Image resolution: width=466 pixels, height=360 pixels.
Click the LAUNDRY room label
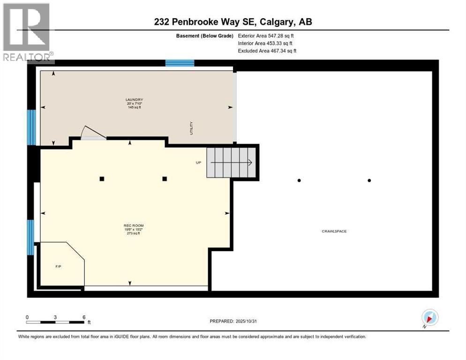134,99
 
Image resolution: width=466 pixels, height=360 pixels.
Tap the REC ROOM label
134,225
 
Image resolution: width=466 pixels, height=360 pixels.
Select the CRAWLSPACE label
334,231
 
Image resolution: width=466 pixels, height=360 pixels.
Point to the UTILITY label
191,128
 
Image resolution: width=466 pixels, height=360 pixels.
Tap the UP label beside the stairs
198,163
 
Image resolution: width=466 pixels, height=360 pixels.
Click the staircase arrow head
250,163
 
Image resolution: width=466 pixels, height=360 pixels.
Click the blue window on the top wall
180,63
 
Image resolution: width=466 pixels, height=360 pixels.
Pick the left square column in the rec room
102,179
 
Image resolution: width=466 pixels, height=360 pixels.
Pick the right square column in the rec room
165,179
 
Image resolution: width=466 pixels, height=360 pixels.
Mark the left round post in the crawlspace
299,180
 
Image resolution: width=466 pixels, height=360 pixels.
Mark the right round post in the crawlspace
369,180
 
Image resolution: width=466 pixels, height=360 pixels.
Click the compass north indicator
429,318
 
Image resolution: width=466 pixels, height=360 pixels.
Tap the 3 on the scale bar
55,317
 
